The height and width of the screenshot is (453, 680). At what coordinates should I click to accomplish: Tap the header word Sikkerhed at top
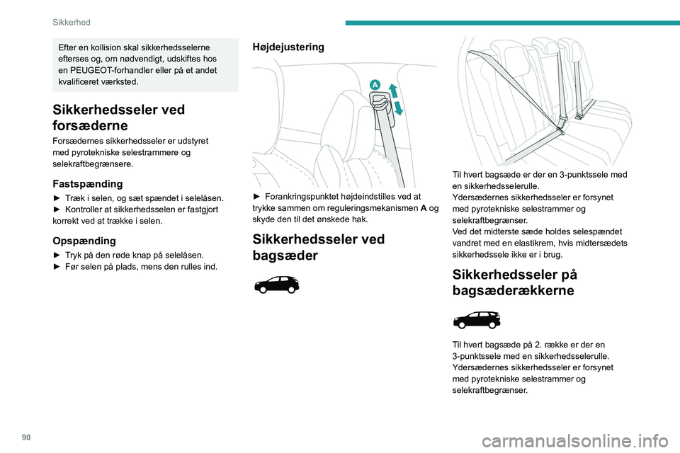pos(71,23)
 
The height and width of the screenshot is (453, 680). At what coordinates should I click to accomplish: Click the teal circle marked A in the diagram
pos(374,84)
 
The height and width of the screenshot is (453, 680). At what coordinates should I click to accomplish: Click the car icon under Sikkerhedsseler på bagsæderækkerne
pos(476,319)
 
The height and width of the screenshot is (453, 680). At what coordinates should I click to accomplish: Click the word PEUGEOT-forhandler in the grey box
pos(106,70)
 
